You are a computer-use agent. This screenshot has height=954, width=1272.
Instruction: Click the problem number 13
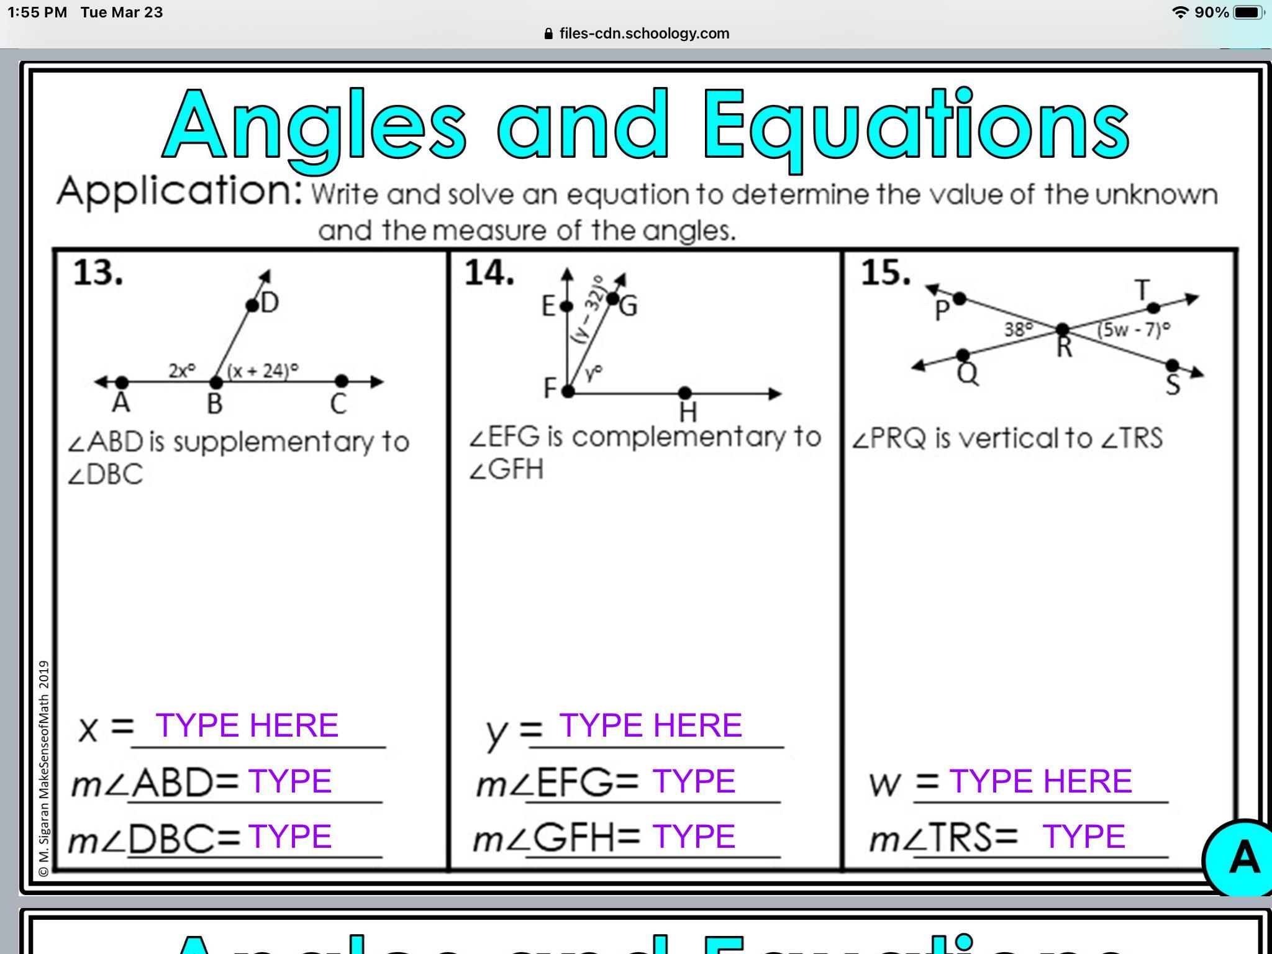(x=98, y=273)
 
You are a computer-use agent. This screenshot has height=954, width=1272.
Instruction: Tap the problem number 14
(x=490, y=273)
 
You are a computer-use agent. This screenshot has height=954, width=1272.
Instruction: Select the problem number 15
(x=886, y=273)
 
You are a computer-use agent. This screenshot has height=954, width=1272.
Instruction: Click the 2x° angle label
(x=182, y=370)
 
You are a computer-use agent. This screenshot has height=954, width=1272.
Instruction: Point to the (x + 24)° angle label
(x=263, y=371)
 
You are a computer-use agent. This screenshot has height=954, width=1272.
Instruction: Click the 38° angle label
(x=1019, y=329)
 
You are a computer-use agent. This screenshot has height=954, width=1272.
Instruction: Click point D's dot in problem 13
(x=252, y=305)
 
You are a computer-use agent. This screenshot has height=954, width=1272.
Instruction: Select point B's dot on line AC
(x=216, y=382)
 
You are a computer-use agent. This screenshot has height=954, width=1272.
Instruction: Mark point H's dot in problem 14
(x=684, y=393)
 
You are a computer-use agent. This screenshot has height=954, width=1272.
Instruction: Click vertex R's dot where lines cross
(x=1063, y=329)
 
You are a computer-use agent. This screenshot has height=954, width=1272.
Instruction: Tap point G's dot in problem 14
(x=612, y=299)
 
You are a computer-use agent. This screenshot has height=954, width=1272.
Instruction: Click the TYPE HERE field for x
(x=247, y=725)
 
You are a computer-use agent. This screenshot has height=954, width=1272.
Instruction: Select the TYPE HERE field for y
(x=650, y=725)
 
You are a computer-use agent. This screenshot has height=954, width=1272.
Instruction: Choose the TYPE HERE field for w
(x=1040, y=781)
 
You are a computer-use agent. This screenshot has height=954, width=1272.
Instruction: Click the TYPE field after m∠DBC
(x=289, y=836)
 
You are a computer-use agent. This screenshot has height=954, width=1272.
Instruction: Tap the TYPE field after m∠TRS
(x=1083, y=836)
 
